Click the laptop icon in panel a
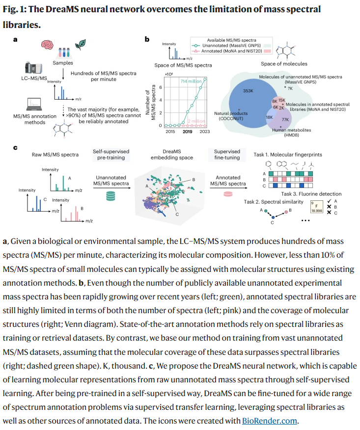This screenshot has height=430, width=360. (34, 102)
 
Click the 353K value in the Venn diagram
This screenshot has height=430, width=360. (248, 91)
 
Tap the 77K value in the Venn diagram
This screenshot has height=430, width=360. (285, 119)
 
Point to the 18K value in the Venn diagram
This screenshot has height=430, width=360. (269, 118)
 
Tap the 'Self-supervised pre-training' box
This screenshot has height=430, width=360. (111, 155)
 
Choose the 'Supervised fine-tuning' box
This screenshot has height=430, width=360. (228, 155)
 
